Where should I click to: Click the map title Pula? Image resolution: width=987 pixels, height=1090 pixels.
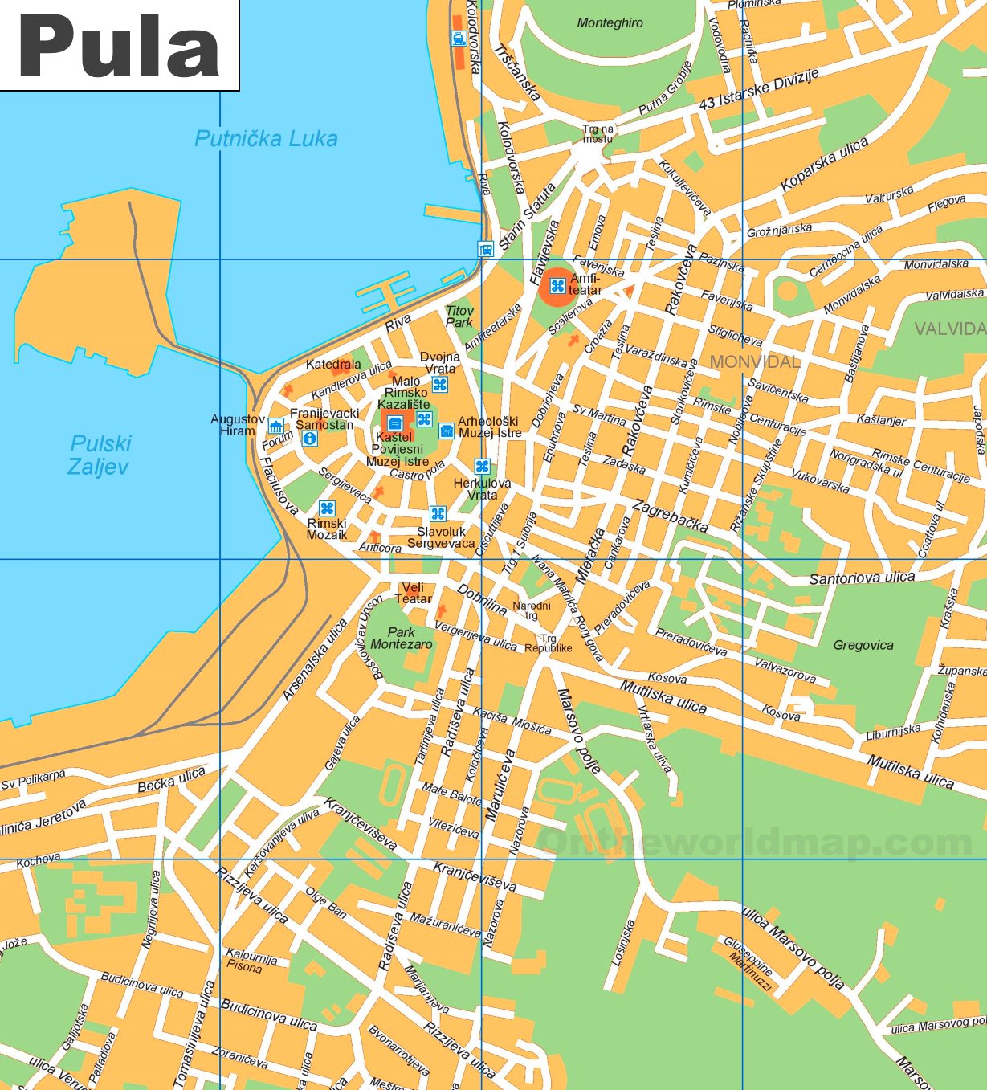click(x=118, y=46)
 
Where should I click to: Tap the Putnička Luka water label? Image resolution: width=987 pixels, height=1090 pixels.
click(x=266, y=139)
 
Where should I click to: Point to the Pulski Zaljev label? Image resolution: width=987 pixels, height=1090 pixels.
click(x=100, y=455)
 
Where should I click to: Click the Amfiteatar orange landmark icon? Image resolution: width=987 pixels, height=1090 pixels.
click(x=557, y=286)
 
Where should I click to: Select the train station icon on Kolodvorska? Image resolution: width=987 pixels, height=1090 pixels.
click(x=458, y=39)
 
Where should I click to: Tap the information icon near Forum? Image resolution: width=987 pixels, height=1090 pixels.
click(x=310, y=439)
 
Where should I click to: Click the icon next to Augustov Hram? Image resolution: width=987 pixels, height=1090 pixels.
click(x=276, y=426)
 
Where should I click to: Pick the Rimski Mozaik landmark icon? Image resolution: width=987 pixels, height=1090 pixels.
click(x=327, y=508)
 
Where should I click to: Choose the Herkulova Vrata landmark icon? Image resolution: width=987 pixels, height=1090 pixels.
click(x=482, y=467)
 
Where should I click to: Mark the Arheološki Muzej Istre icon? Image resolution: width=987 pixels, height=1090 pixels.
click(x=447, y=431)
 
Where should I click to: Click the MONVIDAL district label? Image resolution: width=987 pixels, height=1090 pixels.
click(x=755, y=362)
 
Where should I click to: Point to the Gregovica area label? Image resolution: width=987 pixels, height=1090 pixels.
click(x=863, y=645)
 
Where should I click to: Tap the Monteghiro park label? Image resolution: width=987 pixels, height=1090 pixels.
click(x=610, y=23)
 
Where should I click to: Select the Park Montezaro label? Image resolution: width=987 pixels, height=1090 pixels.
click(x=402, y=639)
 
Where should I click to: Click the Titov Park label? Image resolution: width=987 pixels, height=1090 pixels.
click(x=459, y=316)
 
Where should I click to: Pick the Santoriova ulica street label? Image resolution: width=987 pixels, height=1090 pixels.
click(x=862, y=578)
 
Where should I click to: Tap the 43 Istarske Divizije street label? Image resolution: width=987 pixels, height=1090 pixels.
click(x=759, y=89)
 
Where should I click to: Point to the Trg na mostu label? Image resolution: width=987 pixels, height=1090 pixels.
click(x=598, y=133)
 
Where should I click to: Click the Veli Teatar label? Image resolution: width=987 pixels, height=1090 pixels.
click(x=413, y=593)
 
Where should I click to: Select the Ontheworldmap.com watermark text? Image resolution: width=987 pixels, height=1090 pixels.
click(x=755, y=842)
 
